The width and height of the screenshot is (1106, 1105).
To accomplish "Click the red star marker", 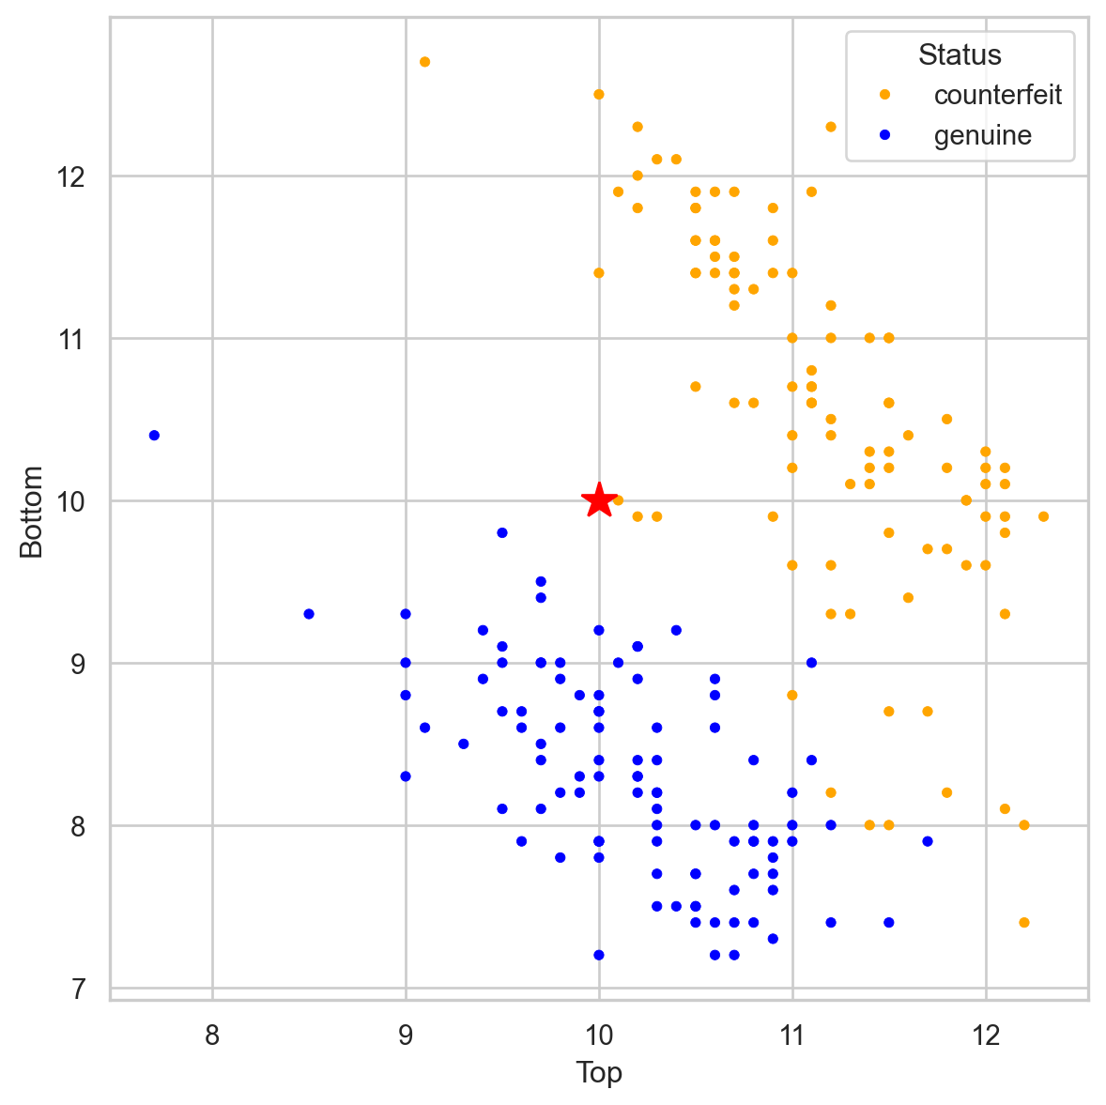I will pos(599,500).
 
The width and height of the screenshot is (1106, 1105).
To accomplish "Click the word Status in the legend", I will pos(960,55).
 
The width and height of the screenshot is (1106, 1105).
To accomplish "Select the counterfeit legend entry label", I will pos(998,95).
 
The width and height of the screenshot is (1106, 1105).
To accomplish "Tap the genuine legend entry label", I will pos(982,136).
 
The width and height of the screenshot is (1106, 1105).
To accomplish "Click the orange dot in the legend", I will pos(883,95).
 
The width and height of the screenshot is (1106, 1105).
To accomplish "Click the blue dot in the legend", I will pos(883,136).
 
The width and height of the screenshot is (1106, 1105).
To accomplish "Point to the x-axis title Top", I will pos(599,1072).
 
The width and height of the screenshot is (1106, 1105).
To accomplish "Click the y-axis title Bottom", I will pos(33,511).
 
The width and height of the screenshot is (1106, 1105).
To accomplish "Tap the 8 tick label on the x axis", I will pos(212,1035).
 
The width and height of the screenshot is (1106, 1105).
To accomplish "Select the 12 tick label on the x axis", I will pos(986,1035).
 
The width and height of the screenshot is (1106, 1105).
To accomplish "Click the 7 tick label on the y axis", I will pos(78,989).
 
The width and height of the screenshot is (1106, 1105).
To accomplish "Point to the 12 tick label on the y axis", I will pos(71,176).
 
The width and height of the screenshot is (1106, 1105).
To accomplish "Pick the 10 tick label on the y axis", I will pos(71,501).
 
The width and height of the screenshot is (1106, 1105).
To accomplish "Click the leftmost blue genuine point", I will pos(154,436).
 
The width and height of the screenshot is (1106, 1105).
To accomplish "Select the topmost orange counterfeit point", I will pos(424,62).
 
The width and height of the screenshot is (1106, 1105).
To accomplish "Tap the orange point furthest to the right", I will pos(1043,516).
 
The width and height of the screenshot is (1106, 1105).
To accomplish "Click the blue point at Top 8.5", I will pos(309,614).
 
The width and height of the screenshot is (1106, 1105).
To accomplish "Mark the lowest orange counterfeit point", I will pos(1023,923).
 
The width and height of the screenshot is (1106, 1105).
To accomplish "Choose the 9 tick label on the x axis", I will pos(406,1035).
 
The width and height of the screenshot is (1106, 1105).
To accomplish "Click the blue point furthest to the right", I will pos(928,841).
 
